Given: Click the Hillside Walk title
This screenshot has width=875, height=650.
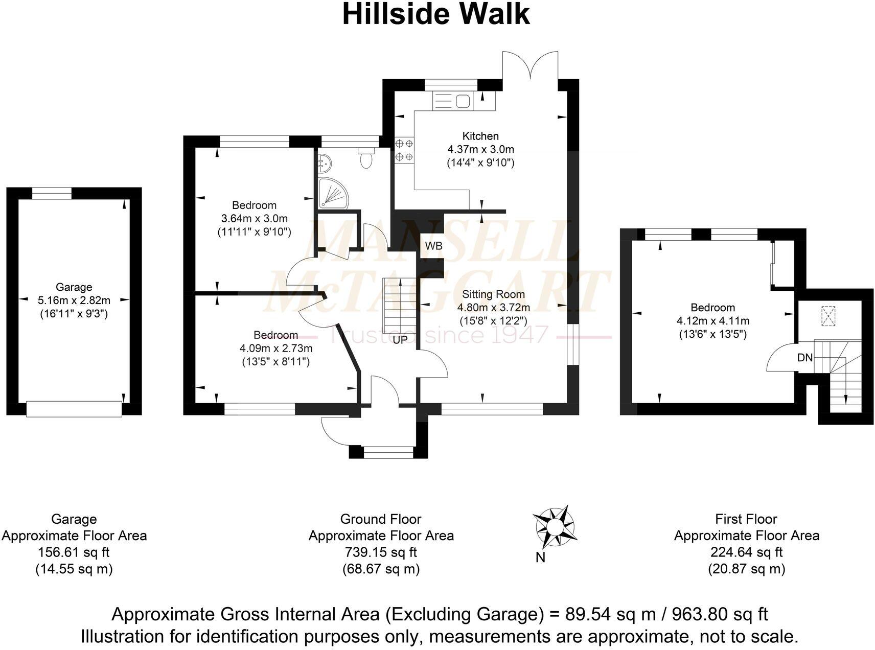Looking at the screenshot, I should coord(436,14).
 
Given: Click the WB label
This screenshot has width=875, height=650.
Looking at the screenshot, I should coord(433,246).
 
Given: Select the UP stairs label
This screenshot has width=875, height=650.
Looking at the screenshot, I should coord(400,339).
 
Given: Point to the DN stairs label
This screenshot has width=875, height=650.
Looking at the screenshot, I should coord(804,358).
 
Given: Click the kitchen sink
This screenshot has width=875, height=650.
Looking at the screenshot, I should coord(452,101).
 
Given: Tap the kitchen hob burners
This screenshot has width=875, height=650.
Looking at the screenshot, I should coord(404,150).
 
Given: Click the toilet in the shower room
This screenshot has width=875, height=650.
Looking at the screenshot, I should coord(366,158).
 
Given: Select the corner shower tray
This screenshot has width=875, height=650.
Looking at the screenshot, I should coord(332,194).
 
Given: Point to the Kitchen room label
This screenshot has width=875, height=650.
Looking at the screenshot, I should coord(480,136).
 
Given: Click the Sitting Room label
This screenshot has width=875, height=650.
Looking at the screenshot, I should coord(493,294).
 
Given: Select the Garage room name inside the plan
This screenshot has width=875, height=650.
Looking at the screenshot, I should coord(74,287).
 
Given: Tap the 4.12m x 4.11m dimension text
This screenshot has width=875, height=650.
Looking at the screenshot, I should coord(713,321).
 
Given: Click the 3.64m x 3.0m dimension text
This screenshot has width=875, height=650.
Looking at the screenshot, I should coord(254,219).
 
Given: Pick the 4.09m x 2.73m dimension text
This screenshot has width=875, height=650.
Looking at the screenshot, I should coord(276,349).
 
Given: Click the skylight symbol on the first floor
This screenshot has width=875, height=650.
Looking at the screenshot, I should coord(826,316).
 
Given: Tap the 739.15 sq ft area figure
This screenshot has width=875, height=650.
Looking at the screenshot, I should coord(381,552).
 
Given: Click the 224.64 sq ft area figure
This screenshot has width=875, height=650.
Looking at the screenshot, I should coord(746,552).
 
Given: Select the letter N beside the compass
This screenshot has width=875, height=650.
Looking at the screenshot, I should coord(540,558).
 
